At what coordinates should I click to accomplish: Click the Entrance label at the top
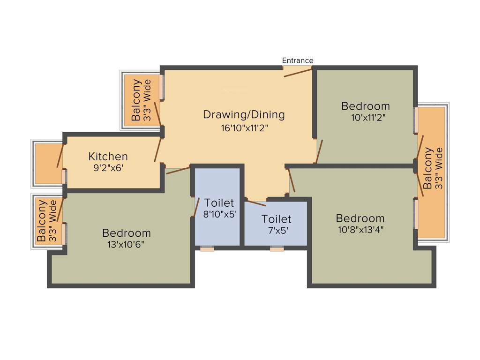298,60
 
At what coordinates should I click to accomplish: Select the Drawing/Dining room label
244,114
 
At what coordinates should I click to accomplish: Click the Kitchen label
108,157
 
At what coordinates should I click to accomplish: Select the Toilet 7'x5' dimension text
276,230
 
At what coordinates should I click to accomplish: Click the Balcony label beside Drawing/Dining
136,100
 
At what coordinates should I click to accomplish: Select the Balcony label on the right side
428,168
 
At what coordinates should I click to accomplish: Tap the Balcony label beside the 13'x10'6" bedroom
42,221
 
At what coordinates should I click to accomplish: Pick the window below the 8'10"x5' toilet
207,249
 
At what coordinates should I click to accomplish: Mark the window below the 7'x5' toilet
277,249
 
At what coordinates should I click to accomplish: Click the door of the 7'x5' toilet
256,203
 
